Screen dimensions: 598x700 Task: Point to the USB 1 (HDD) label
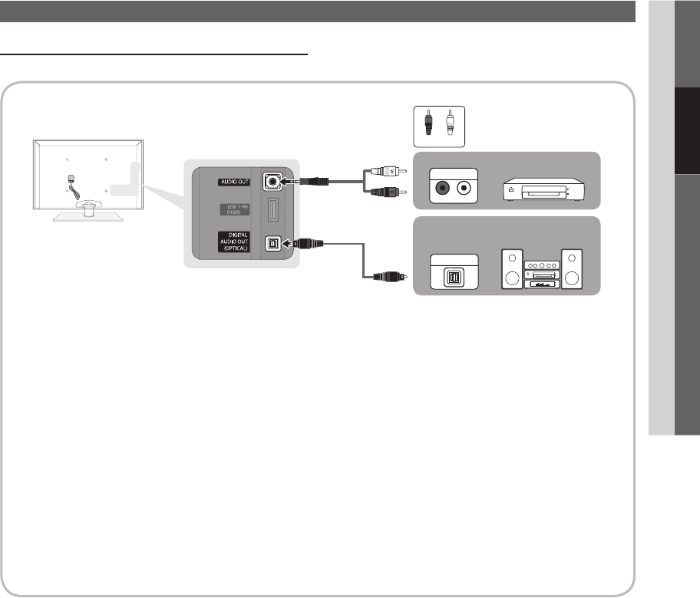click(x=233, y=211)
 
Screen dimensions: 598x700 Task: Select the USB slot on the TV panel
click(x=274, y=212)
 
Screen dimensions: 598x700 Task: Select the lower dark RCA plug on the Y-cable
click(x=383, y=192)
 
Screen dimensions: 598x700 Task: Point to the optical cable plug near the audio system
click(x=383, y=278)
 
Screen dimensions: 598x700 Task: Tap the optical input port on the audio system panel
click(x=453, y=274)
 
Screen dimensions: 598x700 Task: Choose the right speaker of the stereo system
click(x=573, y=268)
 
